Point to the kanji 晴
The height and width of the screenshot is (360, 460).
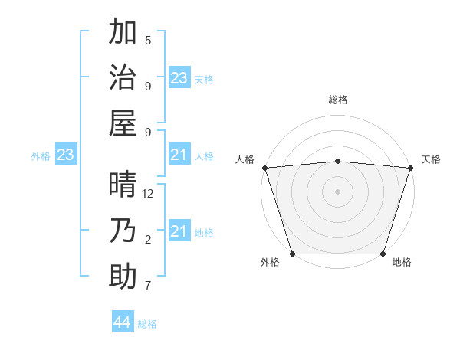123,186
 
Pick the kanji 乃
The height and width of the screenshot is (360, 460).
123,231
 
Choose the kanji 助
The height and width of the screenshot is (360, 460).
123,276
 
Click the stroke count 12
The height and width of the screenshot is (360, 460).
148,194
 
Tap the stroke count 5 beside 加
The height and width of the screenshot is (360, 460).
148,41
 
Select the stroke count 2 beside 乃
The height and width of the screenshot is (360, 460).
148,240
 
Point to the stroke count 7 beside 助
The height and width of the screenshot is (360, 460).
148,286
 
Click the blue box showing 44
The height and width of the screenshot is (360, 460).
122,322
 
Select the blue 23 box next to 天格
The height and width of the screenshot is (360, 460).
179,78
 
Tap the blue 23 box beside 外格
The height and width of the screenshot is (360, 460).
66,155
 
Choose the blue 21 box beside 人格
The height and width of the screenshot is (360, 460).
179,155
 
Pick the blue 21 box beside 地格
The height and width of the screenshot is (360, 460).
179,232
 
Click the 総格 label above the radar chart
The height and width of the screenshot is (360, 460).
337,100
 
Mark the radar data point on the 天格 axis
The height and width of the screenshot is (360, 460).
411,167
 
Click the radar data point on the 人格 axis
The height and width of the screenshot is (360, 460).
264,167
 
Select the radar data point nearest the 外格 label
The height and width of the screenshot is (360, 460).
292,254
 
